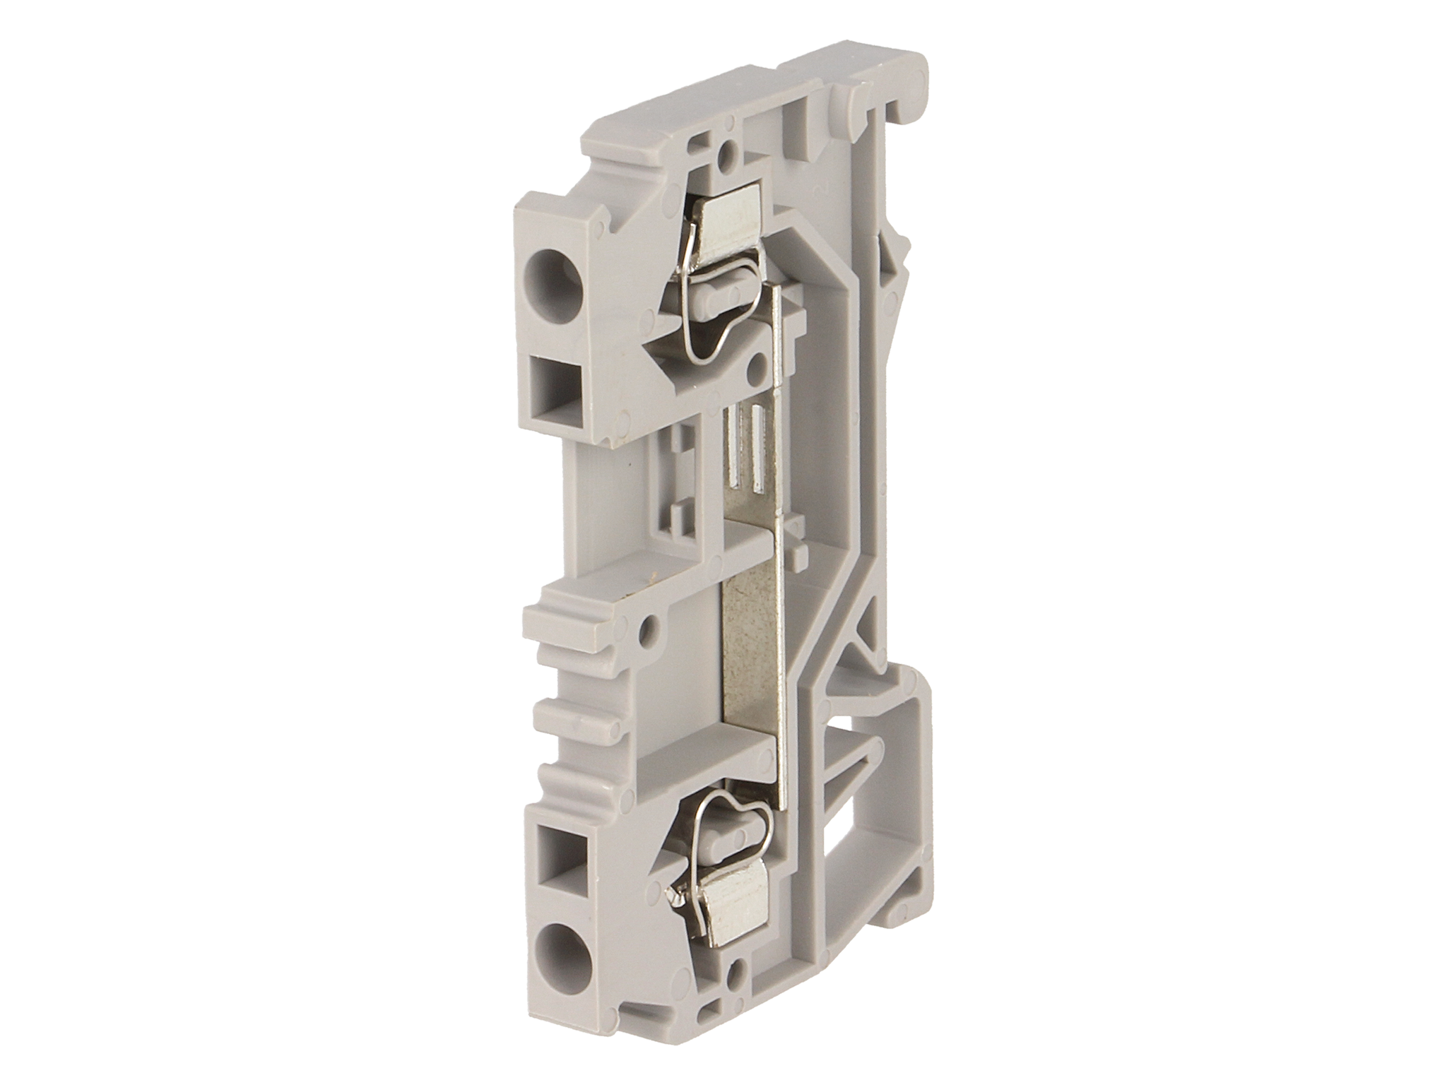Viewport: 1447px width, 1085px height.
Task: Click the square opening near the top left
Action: (553, 393)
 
